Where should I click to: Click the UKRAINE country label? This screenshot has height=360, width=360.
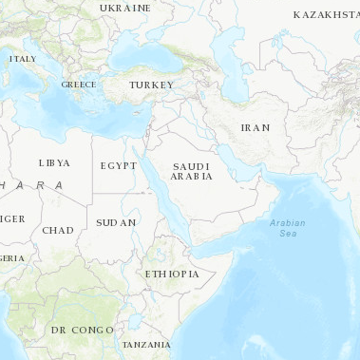(x=124, y=8)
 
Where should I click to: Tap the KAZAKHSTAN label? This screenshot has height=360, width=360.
(x=326, y=15)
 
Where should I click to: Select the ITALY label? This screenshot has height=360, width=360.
(x=22, y=59)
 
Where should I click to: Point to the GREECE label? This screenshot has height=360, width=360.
(x=78, y=84)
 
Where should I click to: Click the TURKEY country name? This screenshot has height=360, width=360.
(x=152, y=85)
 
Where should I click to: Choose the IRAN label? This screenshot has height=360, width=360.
(x=256, y=127)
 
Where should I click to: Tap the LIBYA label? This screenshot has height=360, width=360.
(x=54, y=162)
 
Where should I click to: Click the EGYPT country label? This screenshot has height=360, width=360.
(x=119, y=165)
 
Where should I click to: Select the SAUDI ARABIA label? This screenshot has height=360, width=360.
(x=191, y=171)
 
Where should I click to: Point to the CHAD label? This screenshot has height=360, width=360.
(x=57, y=230)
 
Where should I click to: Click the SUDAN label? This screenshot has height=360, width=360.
(x=116, y=222)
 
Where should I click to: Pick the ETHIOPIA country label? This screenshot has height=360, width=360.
(x=172, y=274)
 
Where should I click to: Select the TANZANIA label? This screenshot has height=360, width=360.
(x=146, y=344)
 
